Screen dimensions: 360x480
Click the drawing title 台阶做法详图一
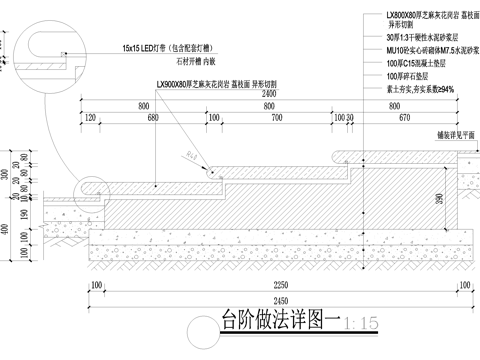[278, 322]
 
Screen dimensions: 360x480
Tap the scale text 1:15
[359, 323]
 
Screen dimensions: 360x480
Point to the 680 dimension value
[152, 118]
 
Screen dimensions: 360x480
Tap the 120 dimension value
[91, 118]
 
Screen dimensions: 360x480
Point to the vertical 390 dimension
[441, 201]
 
